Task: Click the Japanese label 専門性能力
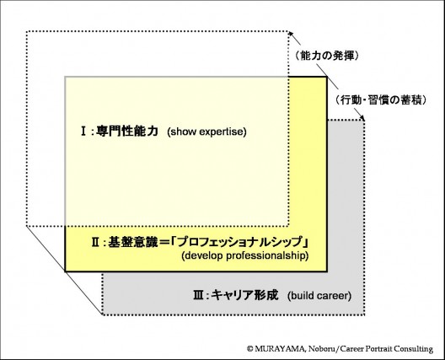pos(127,132)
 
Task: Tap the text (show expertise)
pos(206,132)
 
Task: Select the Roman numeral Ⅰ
pos(83,132)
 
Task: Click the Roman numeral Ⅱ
pos(95,242)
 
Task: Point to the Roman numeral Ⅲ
pos(198,296)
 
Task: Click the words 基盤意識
pos(132,242)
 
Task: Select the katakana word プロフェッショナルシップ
pos(240,242)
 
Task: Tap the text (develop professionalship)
pos(245,255)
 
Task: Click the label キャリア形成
pos(244,295)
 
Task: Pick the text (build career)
pos(319,296)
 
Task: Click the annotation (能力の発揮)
pos(327,56)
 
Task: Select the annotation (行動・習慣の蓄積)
pos(381,100)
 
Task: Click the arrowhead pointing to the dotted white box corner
pos(290,34)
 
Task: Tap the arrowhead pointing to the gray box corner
pos(362,117)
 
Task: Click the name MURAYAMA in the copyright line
pos(279,349)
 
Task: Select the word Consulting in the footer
pos(414,349)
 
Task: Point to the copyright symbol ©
pos(249,349)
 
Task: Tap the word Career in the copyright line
pos(351,349)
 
